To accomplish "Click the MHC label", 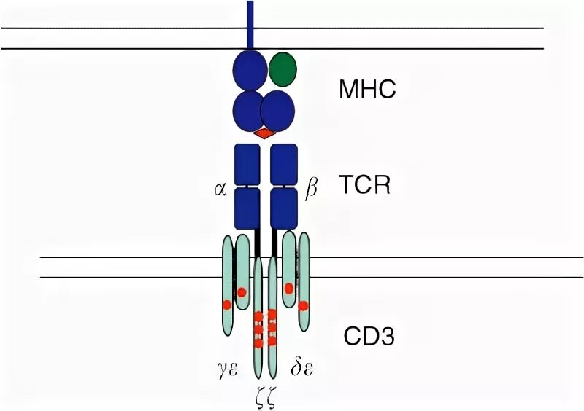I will pyautogui.click(x=366, y=90).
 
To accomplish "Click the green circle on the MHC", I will pyautogui.click(x=283, y=68).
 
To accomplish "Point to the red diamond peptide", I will pyautogui.click(x=265, y=134).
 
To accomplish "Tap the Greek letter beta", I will pyautogui.click(x=311, y=190).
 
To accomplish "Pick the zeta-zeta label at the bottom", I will pyautogui.click(x=264, y=398).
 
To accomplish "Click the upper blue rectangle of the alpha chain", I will pyautogui.click(x=247, y=164).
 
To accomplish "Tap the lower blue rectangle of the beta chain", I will pyautogui.click(x=284, y=208).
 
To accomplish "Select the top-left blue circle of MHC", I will pyautogui.click(x=250, y=70).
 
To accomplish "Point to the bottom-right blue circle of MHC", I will pyautogui.click(x=278, y=110).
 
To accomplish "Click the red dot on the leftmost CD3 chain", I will pyautogui.click(x=227, y=304).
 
